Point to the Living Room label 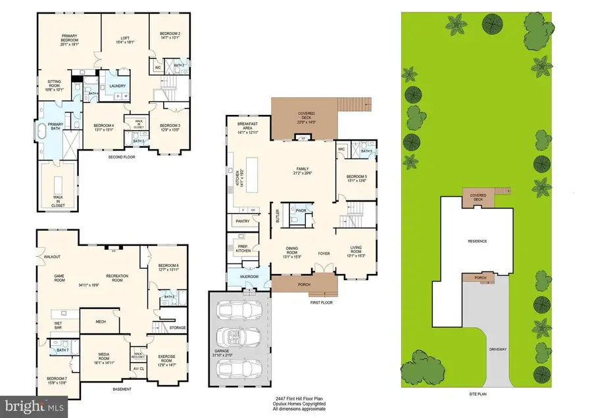click(357, 250)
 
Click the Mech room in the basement click(103, 321)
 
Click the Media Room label click(106, 359)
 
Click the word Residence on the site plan click(477, 241)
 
